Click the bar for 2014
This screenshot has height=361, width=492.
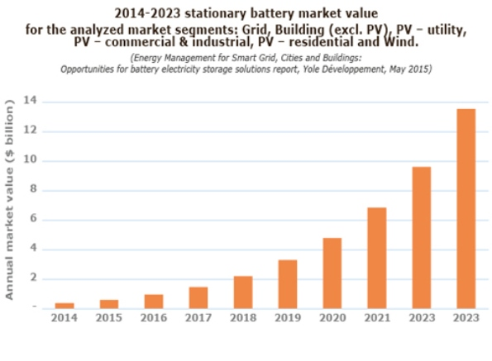[64, 305]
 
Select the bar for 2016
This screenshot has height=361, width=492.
[154, 301]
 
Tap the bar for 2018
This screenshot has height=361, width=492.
[243, 292]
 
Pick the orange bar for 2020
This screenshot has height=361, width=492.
[332, 273]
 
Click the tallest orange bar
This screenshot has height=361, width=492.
[466, 208]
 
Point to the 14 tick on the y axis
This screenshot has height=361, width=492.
[34, 102]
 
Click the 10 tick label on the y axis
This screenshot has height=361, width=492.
[34, 161]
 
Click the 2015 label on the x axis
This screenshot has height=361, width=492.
[109, 317]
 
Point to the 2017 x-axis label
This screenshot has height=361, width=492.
[198, 317]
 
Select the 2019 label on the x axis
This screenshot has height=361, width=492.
[288, 317]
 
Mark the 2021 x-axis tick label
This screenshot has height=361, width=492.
[377, 317]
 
